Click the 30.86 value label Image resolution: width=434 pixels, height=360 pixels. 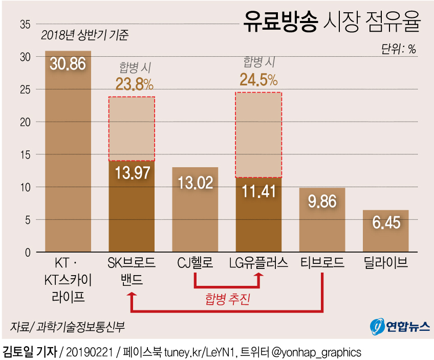click(x=68, y=64)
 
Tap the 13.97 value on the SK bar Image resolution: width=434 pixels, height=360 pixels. click(x=132, y=172)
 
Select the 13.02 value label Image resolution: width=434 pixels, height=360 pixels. click(x=194, y=183)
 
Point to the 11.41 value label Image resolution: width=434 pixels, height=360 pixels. click(x=258, y=192)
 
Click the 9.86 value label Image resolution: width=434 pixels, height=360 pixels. click(x=322, y=201)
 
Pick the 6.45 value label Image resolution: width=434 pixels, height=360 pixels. click(x=385, y=223)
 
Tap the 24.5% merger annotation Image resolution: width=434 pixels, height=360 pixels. click(x=258, y=79)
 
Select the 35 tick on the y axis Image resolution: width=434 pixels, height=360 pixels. click(x=25, y=24)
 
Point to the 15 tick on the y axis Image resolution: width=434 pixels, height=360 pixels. click(x=25, y=154)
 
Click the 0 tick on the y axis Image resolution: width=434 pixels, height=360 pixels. click(x=28, y=252)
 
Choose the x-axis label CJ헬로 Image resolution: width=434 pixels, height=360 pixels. click(x=194, y=263)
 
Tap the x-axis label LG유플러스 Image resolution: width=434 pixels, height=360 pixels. click(x=258, y=263)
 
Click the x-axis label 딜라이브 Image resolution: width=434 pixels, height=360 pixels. click(x=386, y=263)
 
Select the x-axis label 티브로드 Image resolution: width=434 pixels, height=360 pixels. click(x=322, y=263)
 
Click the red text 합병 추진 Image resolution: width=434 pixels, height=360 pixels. click(x=227, y=299)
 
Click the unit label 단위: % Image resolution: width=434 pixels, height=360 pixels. click(x=399, y=49)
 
